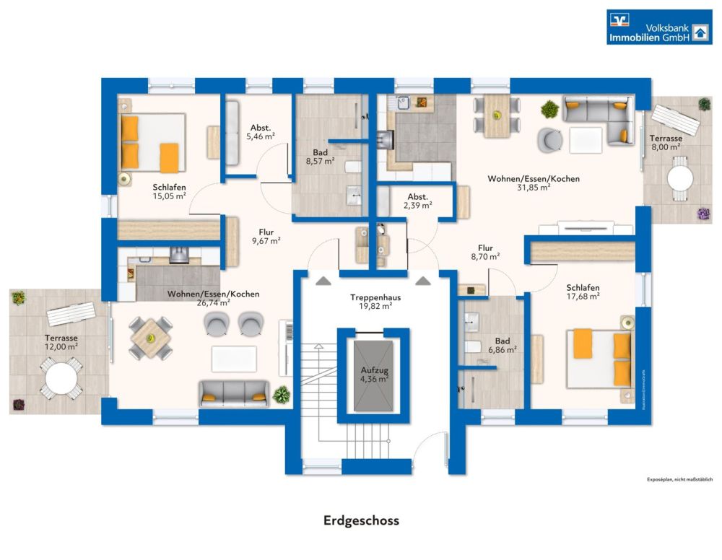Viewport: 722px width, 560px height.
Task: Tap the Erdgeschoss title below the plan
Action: pyautogui.click(x=360, y=520)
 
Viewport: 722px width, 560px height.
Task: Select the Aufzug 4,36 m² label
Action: pyautogui.click(x=375, y=375)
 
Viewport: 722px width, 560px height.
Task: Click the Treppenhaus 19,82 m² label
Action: pyautogui.click(x=375, y=301)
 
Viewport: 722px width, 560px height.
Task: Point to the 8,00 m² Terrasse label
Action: pyautogui.click(x=664, y=142)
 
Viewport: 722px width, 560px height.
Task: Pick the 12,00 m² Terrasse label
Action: pyautogui.click(x=61, y=342)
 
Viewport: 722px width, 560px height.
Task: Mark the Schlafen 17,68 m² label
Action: pyautogui.click(x=583, y=292)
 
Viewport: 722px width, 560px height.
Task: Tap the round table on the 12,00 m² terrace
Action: pyautogui.click(x=60, y=378)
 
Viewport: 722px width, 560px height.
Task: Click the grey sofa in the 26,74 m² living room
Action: pyautogui.click(x=233, y=392)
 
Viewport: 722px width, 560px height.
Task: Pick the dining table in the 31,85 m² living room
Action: pyautogui.click(x=497, y=115)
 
